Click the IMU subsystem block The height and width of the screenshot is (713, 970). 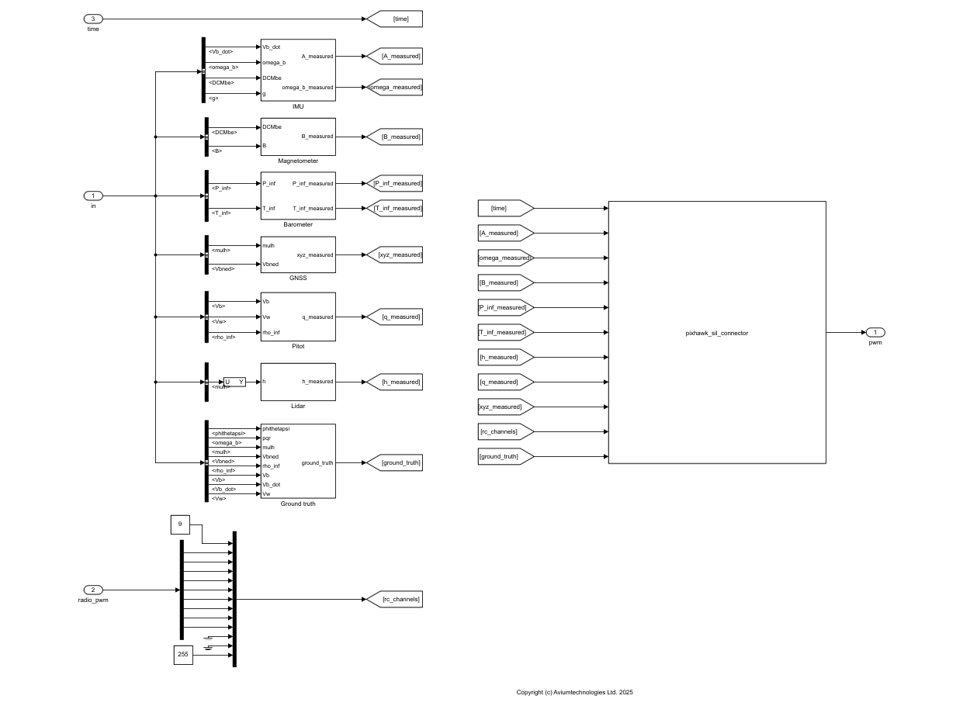click(298, 70)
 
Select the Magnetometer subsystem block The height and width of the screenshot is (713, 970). click(298, 137)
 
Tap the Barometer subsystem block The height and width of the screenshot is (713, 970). click(298, 196)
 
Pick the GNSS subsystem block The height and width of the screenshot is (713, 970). click(298, 254)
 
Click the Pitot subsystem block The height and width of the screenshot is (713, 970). click(298, 317)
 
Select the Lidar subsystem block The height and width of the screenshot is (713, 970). click(298, 382)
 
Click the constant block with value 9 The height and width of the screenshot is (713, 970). click(180, 524)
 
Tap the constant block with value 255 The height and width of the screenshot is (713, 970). click(183, 655)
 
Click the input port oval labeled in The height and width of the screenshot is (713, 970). click(93, 196)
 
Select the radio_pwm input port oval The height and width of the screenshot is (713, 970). click(93, 590)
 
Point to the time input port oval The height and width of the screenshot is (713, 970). click(93, 19)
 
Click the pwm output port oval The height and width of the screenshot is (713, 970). click(875, 332)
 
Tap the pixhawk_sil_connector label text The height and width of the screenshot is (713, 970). click(716, 333)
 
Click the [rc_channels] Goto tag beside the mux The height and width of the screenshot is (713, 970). click(395, 599)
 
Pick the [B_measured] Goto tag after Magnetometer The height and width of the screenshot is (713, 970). click(395, 137)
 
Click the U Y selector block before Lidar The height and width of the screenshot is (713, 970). click(234, 382)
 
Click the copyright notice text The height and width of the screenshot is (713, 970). click(574, 692)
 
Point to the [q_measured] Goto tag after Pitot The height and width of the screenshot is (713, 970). click(395, 317)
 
